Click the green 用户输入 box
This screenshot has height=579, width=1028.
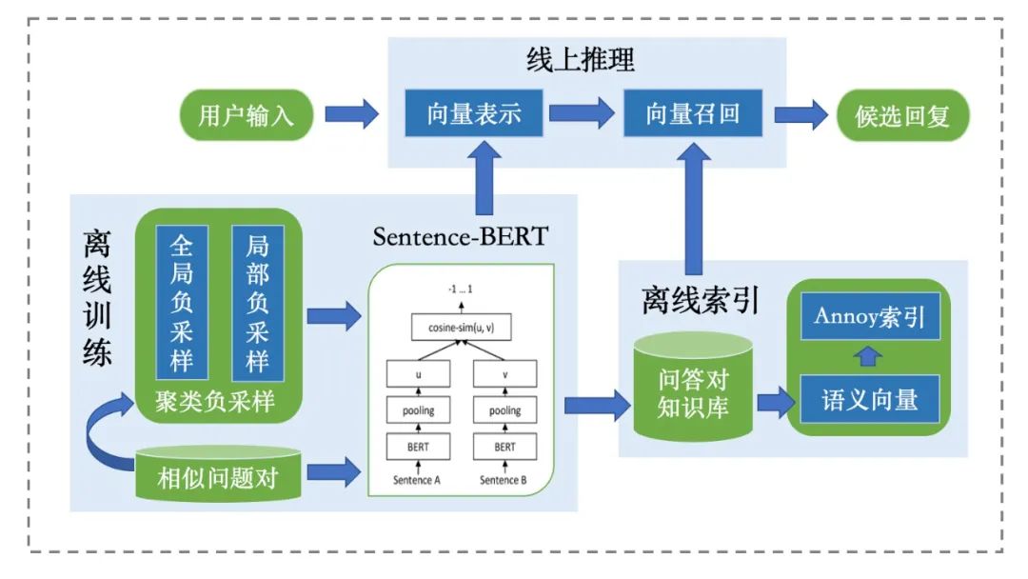click(x=246, y=116)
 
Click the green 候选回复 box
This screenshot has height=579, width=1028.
click(x=905, y=119)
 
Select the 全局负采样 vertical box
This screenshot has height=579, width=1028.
click(x=182, y=304)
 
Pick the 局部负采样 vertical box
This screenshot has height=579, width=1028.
click(x=257, y=304)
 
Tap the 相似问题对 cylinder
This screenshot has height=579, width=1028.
click(x=218, y=474)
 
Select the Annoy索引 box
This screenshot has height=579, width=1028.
click(x=869, y=316)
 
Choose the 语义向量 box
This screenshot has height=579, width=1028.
click(x=869, y=399)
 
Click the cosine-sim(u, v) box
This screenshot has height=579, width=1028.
click(x=461, y=329)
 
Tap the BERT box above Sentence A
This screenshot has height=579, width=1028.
click(x=418, y=447)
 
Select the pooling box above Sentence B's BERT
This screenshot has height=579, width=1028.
click(x=504, y=410)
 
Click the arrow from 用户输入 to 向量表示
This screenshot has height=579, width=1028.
click(x=351, y=115)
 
